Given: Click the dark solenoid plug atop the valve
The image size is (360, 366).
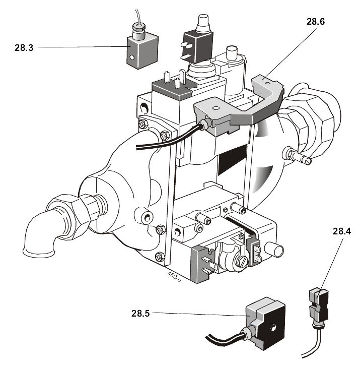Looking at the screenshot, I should point(196,41).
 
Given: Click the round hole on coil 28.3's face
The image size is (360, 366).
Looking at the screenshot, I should point(132,57).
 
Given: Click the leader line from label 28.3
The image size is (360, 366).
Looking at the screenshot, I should point(81,47).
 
